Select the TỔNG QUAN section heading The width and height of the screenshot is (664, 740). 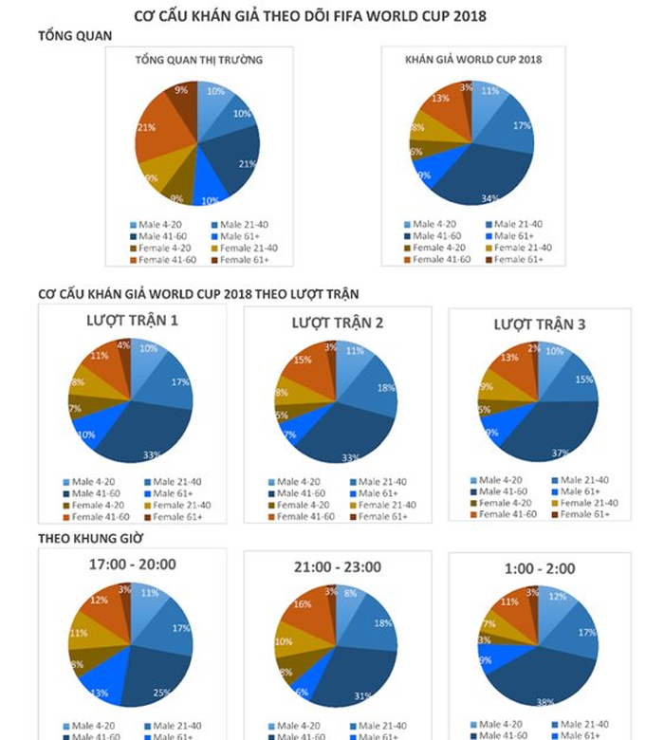click(x=75, y=36)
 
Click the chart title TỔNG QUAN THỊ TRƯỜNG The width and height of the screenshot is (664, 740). click(x=198, y=60)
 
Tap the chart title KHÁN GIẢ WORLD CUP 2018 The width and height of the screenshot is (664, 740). click(x=473, y=60)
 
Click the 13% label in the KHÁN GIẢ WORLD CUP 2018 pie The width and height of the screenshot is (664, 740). click(x=440, y=98)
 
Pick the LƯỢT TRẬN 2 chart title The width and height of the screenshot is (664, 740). click(x=337, y=323)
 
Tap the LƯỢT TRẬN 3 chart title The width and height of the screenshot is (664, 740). click(x=540, y=324)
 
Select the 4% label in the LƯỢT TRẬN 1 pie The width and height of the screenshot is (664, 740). click(x=123, y=345)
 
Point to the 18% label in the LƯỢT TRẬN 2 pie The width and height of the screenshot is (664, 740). click(x=387, y=388)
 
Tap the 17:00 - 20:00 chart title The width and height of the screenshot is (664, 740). click(x=132, y=564)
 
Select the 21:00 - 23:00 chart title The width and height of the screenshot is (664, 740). click(x=337, y=566)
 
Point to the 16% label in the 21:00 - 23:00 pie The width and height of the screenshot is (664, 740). click(x=302, y=603)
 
